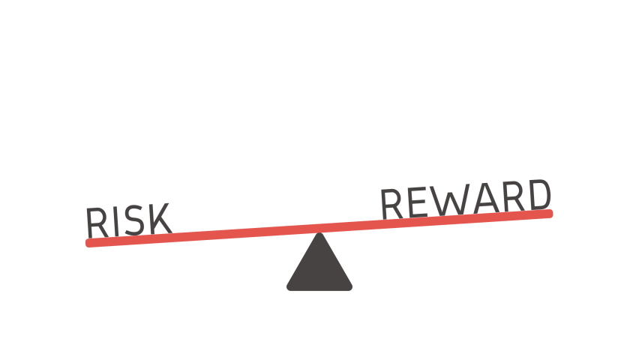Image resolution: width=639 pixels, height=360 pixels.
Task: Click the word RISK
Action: point(128,220)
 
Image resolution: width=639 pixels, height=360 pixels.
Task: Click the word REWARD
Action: point(466,199)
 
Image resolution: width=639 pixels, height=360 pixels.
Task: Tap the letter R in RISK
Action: point(96,223)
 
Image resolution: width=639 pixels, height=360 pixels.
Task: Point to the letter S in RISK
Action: point(132,220)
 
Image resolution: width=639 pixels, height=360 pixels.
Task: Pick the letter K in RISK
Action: point(157,217)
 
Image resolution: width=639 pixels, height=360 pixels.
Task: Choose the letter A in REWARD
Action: point(484,198)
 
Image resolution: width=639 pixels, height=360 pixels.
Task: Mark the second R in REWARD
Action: point(511,196)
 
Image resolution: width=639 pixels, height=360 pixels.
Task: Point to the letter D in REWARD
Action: point(539,194)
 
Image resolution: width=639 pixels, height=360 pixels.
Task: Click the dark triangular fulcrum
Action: point(319,266)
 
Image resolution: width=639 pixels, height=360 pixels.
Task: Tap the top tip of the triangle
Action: point(319,235)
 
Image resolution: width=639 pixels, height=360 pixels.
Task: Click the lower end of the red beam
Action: point(90,242)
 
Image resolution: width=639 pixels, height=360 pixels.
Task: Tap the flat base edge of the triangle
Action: point(319,289)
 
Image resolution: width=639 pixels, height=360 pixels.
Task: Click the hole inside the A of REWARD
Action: point(484,197)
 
